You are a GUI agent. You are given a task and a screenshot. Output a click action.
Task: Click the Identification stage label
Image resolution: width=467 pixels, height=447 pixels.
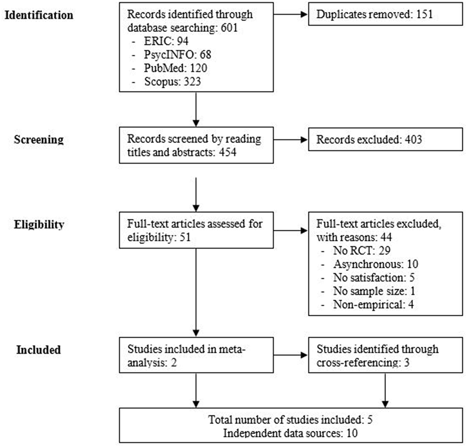pos(39,15)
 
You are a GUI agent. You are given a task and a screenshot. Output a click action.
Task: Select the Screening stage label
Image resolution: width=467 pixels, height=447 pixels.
pos(39,139)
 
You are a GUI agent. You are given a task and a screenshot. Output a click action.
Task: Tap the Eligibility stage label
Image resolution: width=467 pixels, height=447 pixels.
pos(39,224)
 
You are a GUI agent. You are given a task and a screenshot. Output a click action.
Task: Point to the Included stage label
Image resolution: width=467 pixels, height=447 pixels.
pos(39,350)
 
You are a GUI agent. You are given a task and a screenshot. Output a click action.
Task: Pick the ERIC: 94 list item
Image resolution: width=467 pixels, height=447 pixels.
pos(166,41)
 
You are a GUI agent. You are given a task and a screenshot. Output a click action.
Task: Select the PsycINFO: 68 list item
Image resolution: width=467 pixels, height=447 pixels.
pos(177,55)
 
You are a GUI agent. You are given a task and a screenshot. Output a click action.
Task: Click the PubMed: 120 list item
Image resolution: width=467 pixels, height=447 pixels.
pos(175,68)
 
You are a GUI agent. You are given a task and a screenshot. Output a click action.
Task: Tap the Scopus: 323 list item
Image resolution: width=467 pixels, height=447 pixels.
pos(172,82)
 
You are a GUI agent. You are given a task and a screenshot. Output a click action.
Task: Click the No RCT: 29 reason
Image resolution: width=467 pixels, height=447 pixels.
pos(361,251)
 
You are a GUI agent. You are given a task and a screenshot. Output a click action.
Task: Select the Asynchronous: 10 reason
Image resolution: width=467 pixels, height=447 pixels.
pos(375,264)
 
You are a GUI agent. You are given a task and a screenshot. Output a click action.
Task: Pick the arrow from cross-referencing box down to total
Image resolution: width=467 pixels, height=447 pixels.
pos(385,391)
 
